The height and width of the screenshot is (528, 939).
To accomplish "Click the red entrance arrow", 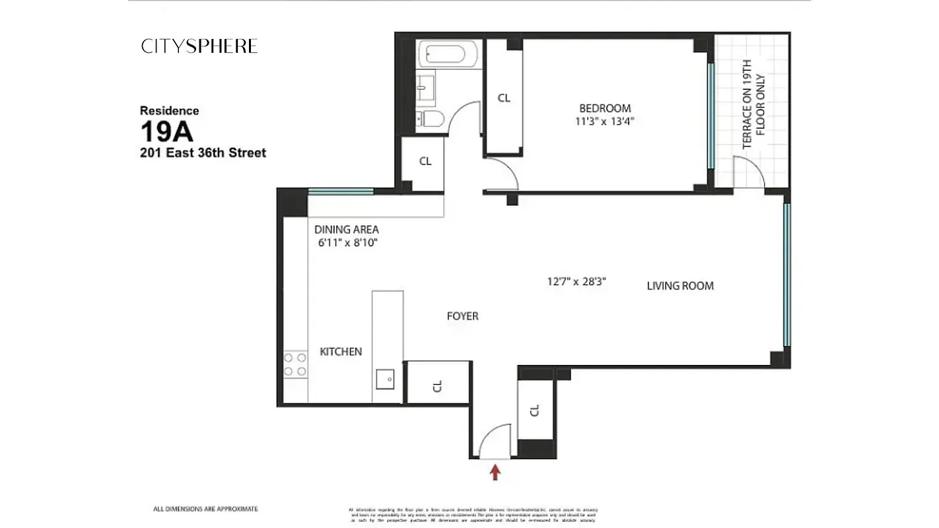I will coord(495,471).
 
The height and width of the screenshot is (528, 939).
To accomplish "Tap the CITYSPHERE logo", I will coord(199,46).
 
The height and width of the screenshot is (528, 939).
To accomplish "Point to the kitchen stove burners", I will coord(295,364).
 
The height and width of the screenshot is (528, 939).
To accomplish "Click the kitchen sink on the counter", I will coord(385,379).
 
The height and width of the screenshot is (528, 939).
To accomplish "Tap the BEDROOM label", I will coord(605,108).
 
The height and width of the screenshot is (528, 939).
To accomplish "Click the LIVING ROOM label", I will coord(680,286).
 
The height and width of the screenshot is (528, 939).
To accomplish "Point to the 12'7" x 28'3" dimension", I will coord(576,281).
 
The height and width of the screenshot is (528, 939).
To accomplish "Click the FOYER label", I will coord(462,316).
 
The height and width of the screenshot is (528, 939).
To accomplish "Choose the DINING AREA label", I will coord(347,230).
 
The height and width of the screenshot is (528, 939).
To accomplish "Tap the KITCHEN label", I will coord(341,352).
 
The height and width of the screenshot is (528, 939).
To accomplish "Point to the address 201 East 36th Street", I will coord(203,153).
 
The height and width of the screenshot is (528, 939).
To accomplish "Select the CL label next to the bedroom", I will coord(504,98).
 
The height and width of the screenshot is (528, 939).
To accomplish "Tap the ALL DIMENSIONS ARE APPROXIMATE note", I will coord(205,509).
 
